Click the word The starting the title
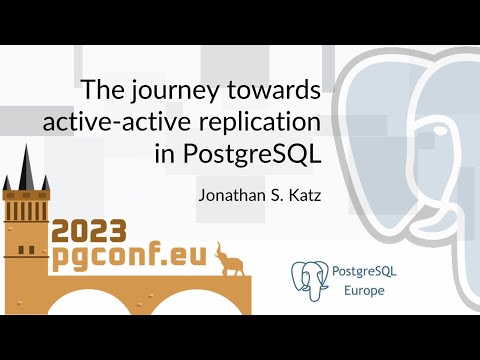[x=101, y=91]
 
